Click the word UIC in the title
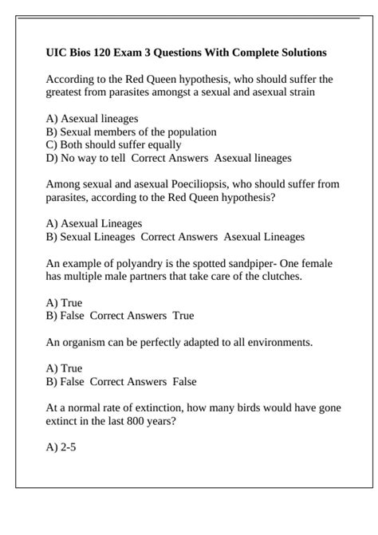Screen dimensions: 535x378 coord(57,53)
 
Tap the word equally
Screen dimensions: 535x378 coord(162,145)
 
